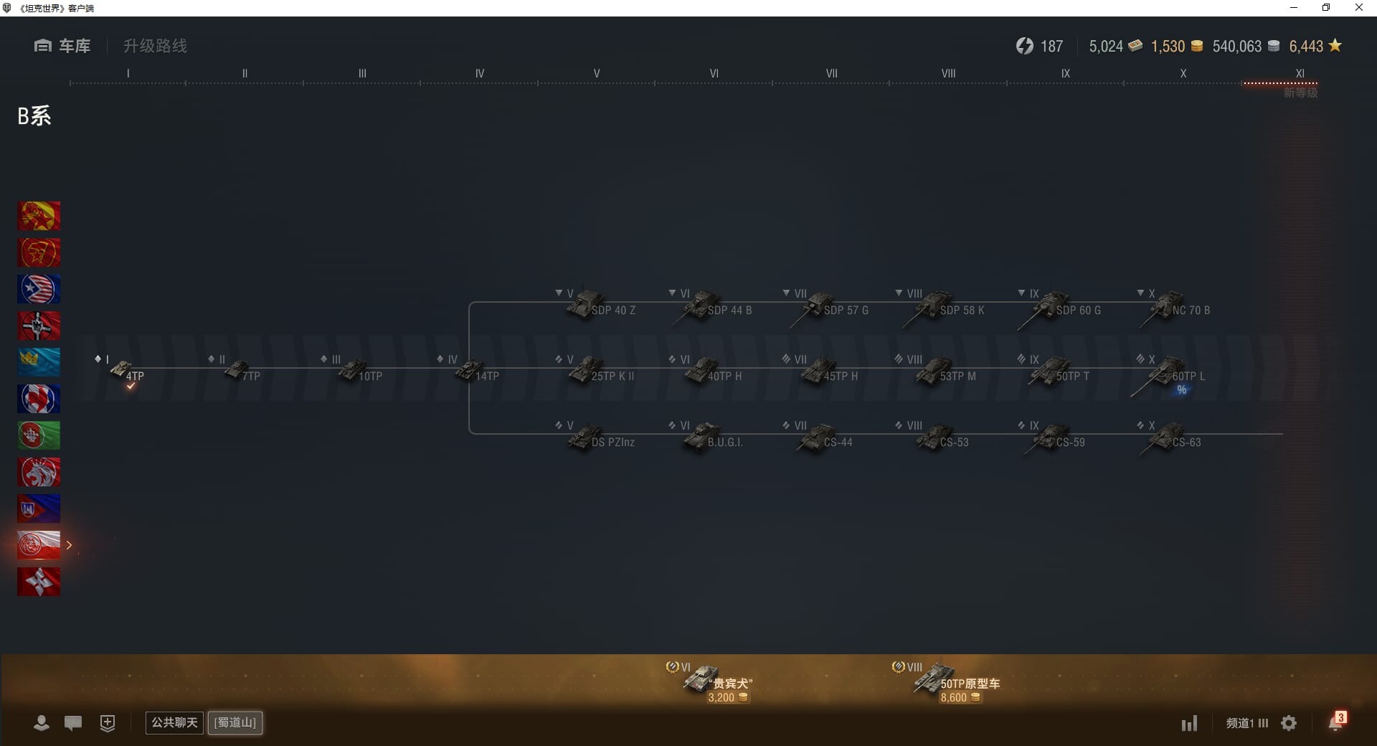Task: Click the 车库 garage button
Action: [x=63, y=46]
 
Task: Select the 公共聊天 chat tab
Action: [x=174, y=722]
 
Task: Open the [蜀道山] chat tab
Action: [x=235, y=722]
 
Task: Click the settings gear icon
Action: [x=1289, y=723]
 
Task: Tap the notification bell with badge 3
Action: [x=1335, y=722]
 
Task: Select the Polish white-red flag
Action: [x=39, y=545]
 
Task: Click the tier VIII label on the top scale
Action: [x=948, y=73]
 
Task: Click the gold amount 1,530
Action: [x=1168, y=47]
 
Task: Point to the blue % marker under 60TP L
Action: [x=1181, y=390]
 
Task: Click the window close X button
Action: [x=1358, y=8]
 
